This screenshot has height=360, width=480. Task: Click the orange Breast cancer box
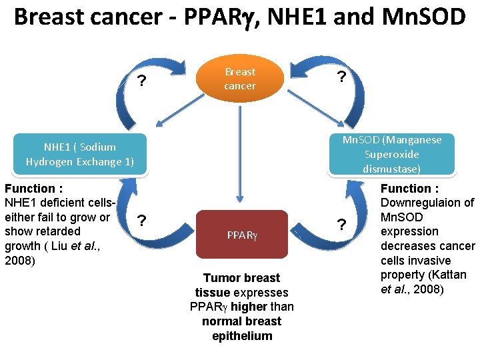tap(239, 79)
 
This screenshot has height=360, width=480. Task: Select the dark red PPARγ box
tap(240, 235)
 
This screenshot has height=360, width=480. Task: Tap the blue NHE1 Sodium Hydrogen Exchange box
tap(80, 154)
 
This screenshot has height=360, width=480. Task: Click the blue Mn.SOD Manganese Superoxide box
tap(391, 154)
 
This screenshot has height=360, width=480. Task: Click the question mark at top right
tap(341, 77)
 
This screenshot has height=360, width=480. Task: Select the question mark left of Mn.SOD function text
tap(341, 224)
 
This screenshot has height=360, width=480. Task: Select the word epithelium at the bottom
tap(242, 336)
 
